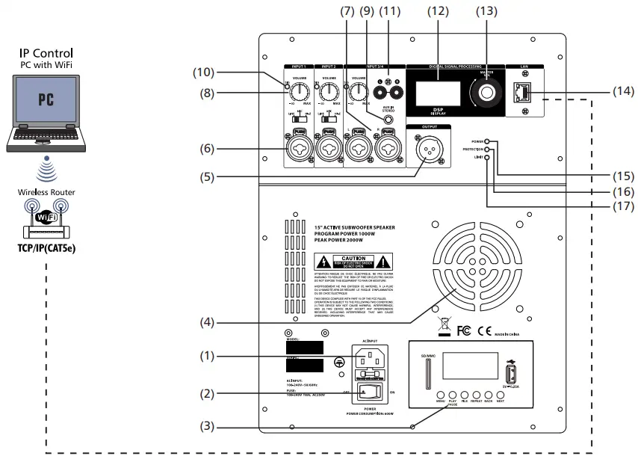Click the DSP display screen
click(438, 94)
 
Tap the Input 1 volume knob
click(300, 93)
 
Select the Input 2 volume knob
click(330, 93)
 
